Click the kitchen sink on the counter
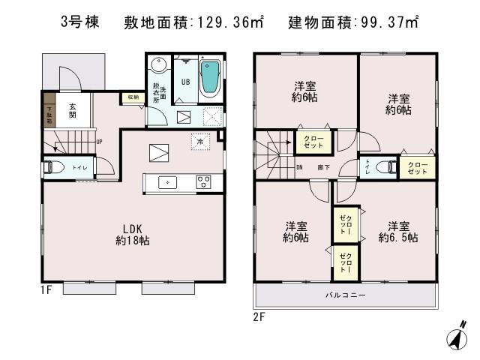pyautogui.click(x=168, y=181)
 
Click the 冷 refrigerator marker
pyautogui.click(x=199, y=141)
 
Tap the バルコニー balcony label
pyautogui.click(x=345, y=295)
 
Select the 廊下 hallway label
pyautogui.click(x=323, y=168)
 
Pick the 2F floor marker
pyautogui.click(x=259, y=316)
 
